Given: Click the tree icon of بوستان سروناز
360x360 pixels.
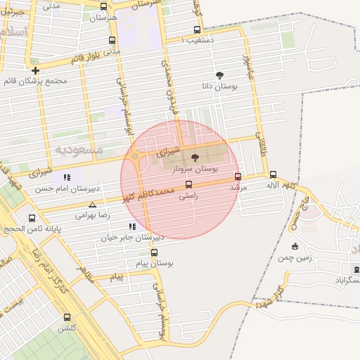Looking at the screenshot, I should click(x=195, y=157).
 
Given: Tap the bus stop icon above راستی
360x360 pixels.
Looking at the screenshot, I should click(x=188, y=185).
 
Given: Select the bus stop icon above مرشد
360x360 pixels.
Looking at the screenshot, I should click(x=238, y=176).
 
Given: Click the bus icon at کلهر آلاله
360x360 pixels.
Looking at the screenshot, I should click(x=273, y=174).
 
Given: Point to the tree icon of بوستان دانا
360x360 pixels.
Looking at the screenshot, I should click(x=221, y=74).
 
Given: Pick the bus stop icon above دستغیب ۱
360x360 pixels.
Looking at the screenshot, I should click(x=197, y=30).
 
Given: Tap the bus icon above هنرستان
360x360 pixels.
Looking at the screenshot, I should click(x=104, y=7).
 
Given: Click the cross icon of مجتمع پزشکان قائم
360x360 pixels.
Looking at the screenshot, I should click(x=35, y=70).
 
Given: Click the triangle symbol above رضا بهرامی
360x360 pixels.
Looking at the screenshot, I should click(x=92, y=205).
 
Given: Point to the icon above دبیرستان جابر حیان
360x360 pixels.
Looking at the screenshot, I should click(x=132, y=226).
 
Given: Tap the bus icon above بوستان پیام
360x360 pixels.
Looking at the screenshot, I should click(x=154, y=253).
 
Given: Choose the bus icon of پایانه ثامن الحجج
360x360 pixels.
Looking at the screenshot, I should click(x=32, y=218).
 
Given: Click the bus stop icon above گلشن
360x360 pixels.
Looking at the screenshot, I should click(x=67, y=317).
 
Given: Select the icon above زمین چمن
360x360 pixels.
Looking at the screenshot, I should click(x=295, y=246).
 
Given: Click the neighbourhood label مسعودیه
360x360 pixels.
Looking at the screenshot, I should click(x=79, y=150).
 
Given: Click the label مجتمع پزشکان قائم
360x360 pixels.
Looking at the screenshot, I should click(x=35, y=80).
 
